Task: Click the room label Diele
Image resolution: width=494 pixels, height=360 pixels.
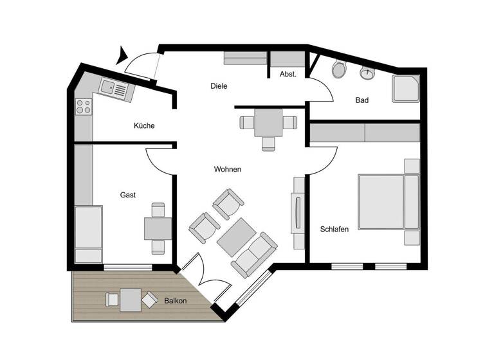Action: pos(219,86)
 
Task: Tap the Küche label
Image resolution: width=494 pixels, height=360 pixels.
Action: pos(144,126)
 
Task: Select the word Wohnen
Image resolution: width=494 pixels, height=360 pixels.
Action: pos(228,170)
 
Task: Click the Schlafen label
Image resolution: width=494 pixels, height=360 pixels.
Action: pos(334,229)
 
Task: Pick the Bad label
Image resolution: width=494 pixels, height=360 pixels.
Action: pos(361,100)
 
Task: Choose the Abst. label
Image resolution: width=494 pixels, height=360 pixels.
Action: pos(288,75)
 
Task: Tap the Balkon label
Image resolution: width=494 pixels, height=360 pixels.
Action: pos(176,300)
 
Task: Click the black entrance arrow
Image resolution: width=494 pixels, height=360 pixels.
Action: pos(122,56)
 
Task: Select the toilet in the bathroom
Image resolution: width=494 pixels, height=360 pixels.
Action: pos(338,69)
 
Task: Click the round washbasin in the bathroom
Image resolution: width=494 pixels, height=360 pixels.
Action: pos(367,73)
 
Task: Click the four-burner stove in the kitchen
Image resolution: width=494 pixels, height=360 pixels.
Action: pos(84,107)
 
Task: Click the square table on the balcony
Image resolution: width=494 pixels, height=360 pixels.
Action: pos(131,300)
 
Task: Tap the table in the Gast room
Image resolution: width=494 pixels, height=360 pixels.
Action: pos(157,228)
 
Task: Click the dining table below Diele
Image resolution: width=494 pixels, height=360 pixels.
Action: pos(268,122)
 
